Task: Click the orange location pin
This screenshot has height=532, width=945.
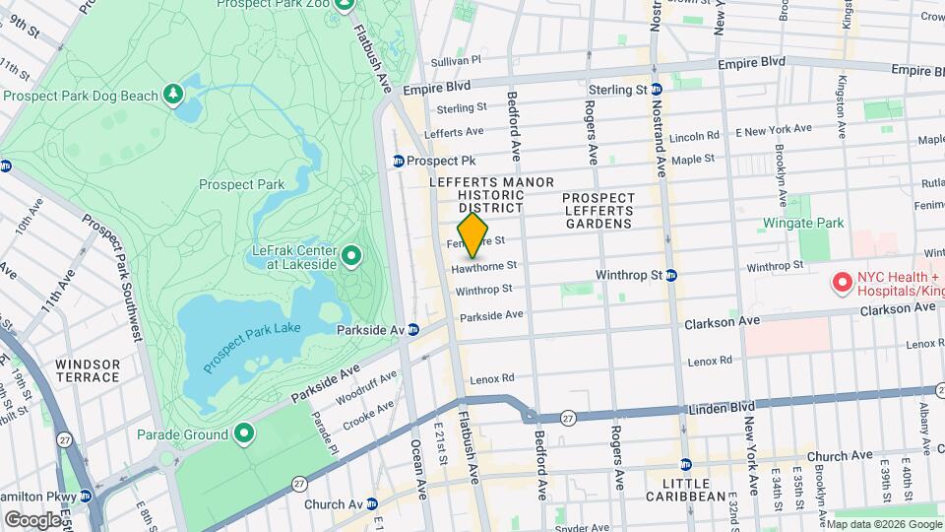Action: point(473,234)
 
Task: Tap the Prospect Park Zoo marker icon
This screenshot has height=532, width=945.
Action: point(344,4)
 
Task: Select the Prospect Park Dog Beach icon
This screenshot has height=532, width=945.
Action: point(174,94)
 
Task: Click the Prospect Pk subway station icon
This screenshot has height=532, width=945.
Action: point(399,161)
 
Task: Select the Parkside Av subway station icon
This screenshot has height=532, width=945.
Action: point(414,329)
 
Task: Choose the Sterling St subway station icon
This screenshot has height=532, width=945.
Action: point(657,90)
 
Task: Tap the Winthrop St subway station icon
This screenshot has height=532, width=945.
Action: point(670,276)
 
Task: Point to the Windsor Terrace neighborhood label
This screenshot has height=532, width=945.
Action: point(88,370)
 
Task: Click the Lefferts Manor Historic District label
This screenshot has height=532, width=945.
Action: point(491,195)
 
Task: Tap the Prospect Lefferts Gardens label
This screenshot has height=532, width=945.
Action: point(598,211)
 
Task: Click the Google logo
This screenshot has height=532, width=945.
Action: point(31,519)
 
